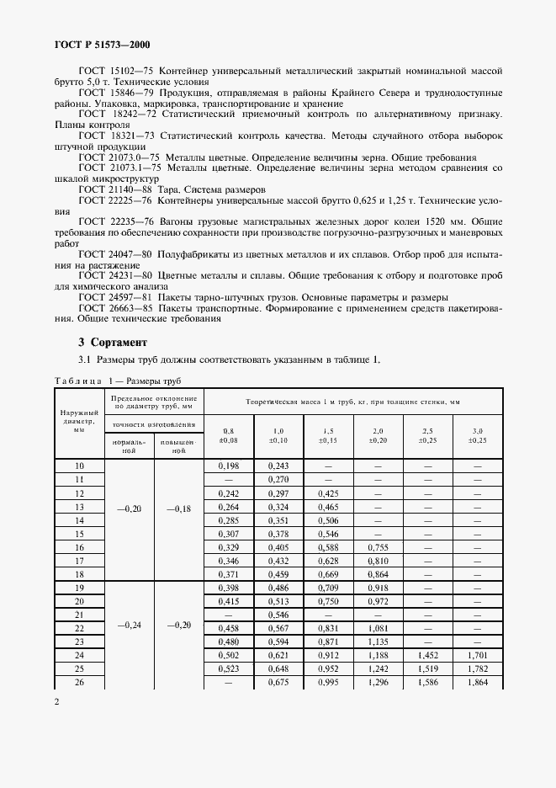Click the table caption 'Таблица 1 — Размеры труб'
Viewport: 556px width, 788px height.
[112, 381]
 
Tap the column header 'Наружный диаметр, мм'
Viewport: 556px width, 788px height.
[79, 423]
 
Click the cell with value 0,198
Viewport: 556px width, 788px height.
[229, 466]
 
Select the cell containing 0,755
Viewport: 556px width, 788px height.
[378, 546]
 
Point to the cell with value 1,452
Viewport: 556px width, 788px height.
[427, 654]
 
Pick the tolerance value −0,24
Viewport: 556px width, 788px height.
[130, 626]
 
